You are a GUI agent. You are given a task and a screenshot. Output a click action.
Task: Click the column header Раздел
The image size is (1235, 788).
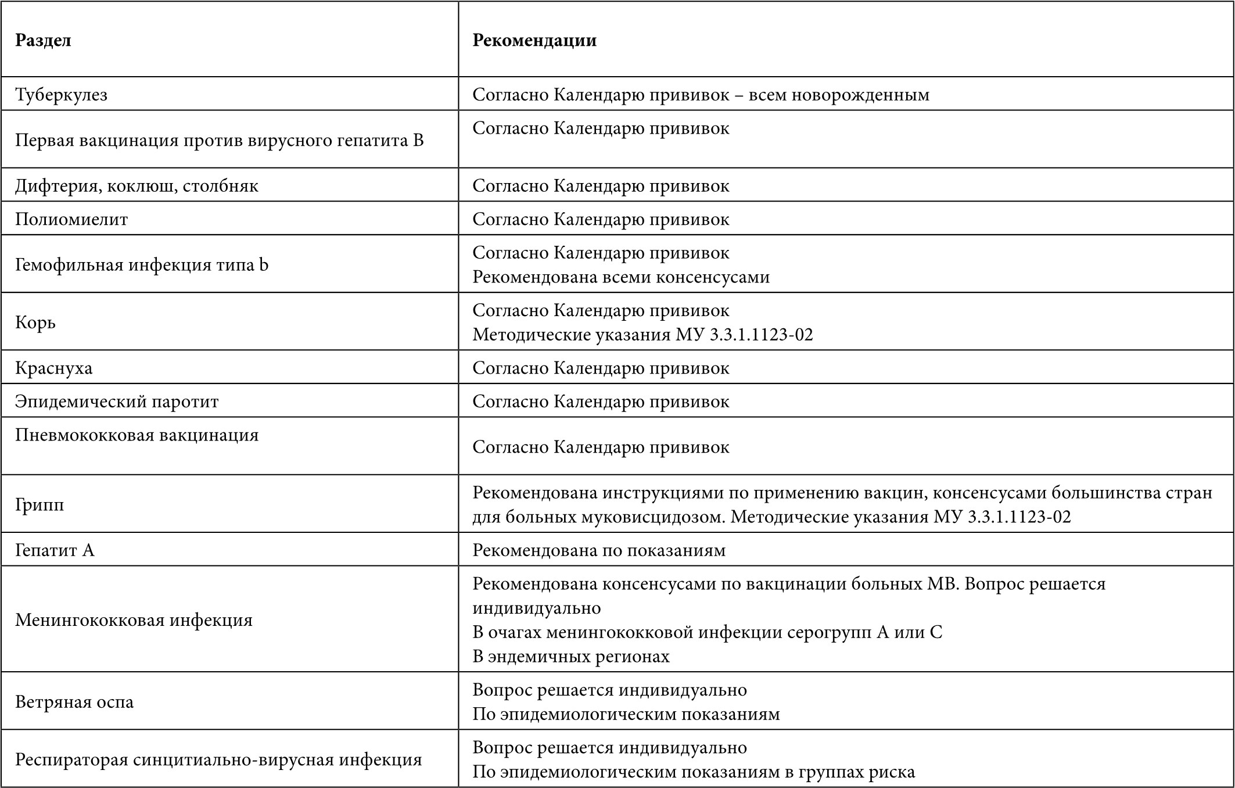[x=43, y=40]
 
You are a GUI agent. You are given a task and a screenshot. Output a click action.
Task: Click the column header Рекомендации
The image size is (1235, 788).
[x=534, y=40]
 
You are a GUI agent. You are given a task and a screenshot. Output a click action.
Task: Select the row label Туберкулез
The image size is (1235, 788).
[x=61, y=95]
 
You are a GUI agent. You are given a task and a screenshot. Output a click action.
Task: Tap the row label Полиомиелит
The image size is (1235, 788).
[x=71, y=219]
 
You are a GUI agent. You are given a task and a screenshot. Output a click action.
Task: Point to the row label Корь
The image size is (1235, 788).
[x=35, y=322]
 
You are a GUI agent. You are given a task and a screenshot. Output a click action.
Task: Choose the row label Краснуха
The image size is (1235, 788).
[x=53, y=368]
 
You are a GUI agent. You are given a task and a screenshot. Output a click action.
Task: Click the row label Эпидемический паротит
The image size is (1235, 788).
[x=117, y=402]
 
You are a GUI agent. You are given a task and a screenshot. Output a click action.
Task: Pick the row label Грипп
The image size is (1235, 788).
[x=40, y=504]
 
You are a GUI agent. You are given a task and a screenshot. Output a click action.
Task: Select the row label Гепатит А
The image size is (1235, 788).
[x=55, y=550]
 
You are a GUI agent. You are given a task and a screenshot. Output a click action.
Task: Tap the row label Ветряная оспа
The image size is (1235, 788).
[x=74, y=702]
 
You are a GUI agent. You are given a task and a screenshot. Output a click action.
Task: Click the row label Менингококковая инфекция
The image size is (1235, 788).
[x=134, y=620]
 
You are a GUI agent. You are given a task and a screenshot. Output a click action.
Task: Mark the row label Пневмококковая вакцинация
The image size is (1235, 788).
[x=137, y=435]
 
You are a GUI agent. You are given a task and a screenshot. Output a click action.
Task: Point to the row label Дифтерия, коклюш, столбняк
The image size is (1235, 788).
[x=137, y=186]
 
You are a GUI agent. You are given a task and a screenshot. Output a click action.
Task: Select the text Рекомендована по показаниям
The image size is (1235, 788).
[x=599, y=550]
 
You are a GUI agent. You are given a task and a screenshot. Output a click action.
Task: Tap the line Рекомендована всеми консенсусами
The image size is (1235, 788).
[x=621, y=277]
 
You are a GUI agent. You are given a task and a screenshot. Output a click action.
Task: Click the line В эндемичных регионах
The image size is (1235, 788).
[x=571, y=657]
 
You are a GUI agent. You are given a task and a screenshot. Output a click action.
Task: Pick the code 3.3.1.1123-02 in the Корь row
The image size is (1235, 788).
[x=762, y=335]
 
